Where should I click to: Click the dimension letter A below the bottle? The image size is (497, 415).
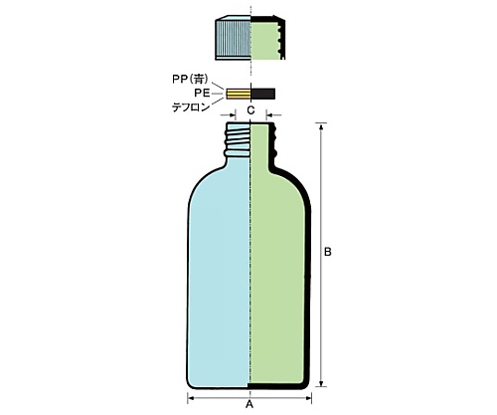[x=249, y=404]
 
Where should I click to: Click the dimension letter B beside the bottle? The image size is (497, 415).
[x=327, y=252]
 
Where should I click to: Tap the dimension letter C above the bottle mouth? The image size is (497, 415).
[x=250, y=110]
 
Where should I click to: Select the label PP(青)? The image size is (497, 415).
[x=190, y=79]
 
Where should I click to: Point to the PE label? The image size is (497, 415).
[x=202, y=94]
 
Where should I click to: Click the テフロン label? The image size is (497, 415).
[x=191, y=107]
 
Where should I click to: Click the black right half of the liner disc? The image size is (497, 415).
[x=263, y=94]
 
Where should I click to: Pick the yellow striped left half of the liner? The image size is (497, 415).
[x=239, y=94]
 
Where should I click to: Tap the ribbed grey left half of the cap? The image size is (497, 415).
[x=234, y=38]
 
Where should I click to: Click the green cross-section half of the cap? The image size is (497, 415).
[x=265, y=40]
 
